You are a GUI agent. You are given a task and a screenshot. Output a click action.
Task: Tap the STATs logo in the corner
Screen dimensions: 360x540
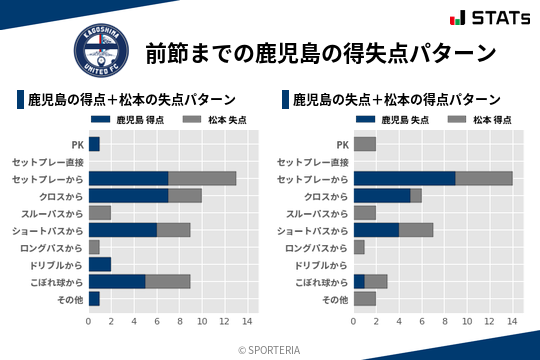(490, 18)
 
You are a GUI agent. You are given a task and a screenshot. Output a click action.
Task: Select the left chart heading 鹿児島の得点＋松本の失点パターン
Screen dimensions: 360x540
(131, 99)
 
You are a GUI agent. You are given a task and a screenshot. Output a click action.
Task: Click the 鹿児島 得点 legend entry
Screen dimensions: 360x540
(125, 120)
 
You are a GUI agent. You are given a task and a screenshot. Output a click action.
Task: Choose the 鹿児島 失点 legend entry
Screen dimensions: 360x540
(390, 120)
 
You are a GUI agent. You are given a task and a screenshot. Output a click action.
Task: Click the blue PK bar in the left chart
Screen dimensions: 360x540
(94, 144)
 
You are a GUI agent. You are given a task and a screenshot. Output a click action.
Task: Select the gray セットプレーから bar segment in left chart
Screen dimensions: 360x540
(202, 178)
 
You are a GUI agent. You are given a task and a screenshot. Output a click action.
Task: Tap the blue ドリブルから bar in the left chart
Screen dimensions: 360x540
(100, 264)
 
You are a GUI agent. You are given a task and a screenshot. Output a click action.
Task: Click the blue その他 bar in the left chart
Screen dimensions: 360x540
(94, 298)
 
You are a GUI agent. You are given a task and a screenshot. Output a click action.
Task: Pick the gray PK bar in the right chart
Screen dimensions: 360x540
(365, 144)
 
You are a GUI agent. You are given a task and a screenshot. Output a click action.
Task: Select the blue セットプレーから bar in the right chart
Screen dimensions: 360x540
(405, 178)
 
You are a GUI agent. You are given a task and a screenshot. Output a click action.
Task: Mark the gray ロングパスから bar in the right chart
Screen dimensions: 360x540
(359, 247)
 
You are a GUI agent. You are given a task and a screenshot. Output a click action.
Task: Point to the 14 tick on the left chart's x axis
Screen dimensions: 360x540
(247, 321)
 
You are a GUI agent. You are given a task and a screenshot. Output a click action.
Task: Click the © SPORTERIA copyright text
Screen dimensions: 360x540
(269, 349)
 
